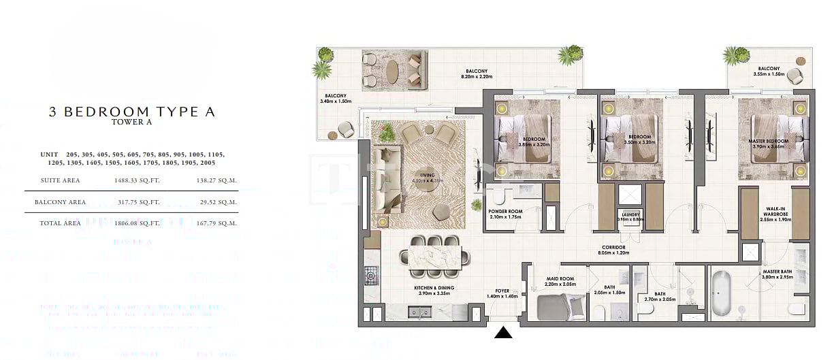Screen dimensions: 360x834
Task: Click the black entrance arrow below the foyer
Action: (503, 332)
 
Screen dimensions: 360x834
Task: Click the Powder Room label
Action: (505, 212)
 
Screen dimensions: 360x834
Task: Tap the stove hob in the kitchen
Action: (371, 276)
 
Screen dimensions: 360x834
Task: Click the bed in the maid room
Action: (561, 308)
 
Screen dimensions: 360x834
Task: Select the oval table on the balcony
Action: (393, 70)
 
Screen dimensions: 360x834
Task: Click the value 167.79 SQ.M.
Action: (218, 223)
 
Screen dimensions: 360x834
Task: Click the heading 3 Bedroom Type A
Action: (132, 112)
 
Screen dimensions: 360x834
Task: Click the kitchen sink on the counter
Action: (417, 312)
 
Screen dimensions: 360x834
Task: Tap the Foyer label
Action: (502, 291)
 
